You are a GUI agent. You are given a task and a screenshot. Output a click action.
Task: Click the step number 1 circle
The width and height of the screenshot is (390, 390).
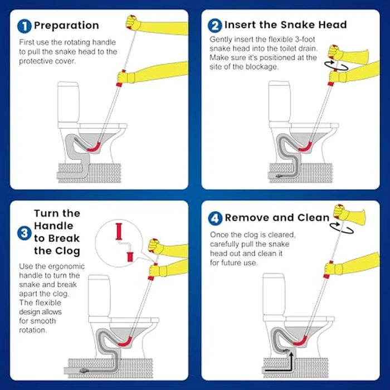coord(25,26)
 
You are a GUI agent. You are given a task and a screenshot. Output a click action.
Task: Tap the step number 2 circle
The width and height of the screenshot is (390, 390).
coord(215,25)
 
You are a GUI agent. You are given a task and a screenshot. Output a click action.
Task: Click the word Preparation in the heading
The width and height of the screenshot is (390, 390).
coord(66,26)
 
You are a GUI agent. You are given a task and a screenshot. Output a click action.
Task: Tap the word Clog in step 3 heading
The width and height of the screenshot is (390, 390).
coord(62,251)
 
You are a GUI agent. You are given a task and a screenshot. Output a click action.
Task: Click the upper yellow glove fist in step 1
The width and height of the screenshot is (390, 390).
coord(133,22)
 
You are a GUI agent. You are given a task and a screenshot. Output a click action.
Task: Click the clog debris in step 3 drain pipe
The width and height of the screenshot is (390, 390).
coord(84,369)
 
